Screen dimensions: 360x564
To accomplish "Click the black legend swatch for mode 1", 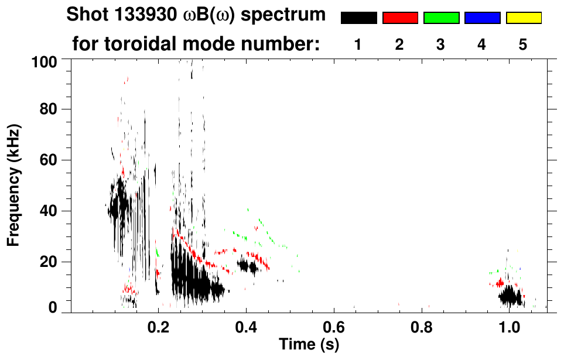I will click(358, 18).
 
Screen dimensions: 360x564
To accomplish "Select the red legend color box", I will click(400, 18).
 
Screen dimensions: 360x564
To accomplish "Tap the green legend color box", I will click(441, 18).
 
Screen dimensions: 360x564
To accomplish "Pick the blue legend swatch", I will click(482, 18).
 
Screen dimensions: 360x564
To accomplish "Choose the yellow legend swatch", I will click(524, 18).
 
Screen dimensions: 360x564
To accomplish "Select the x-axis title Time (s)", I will click(309, 345).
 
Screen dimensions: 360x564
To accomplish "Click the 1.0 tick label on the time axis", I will click(508, 326).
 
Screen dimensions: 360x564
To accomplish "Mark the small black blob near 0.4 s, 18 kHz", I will click(248, 266).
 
